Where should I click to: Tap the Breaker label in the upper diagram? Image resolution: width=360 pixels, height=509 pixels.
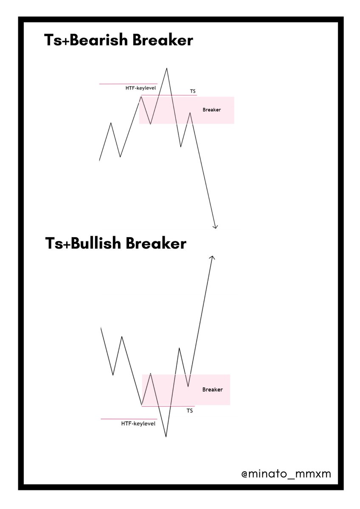pos(211,110)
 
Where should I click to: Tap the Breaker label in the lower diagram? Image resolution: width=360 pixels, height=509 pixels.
pos(212,389)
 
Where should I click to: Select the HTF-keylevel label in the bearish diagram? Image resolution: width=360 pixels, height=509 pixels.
pos(141,88)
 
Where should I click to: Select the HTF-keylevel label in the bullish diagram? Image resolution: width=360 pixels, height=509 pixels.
pos(138,423)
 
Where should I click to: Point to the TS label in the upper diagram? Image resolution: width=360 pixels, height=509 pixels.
pos(193,91)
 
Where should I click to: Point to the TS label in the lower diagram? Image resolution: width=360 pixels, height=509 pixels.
pos(190,411)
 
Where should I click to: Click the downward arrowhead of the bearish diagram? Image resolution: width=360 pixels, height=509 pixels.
pos(216,227)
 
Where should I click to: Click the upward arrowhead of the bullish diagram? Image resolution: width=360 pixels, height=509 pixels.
pos(212,257)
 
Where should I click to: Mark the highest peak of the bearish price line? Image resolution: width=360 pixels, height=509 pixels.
pos(166,68)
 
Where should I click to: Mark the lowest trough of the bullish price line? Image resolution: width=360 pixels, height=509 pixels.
pos(166,436)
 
